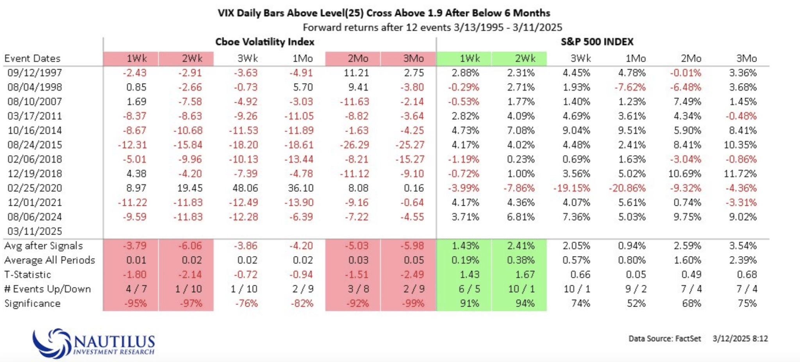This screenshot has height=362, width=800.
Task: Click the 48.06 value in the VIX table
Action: pos(245,188)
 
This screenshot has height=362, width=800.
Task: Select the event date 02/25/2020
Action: pos(35,188)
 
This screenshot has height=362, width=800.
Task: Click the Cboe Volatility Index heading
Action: pos(265,42)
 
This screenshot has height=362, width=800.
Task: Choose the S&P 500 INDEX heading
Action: pos(597,42)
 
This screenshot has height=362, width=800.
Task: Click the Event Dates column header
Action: pos(32,59)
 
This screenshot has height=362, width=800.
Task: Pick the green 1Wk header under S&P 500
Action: pos(464,59)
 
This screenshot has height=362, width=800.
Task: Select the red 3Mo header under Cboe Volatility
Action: pos(408,59)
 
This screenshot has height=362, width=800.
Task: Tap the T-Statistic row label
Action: pos(28,275)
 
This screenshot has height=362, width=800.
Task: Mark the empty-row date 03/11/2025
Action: pos(35,231)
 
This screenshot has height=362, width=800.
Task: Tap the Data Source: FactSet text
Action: pos(664,339)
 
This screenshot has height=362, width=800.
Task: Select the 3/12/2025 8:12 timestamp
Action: pos(740,339)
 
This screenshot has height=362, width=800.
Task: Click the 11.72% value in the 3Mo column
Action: pos(740,174)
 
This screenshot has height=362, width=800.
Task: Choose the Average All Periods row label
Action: pos(50,260)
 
